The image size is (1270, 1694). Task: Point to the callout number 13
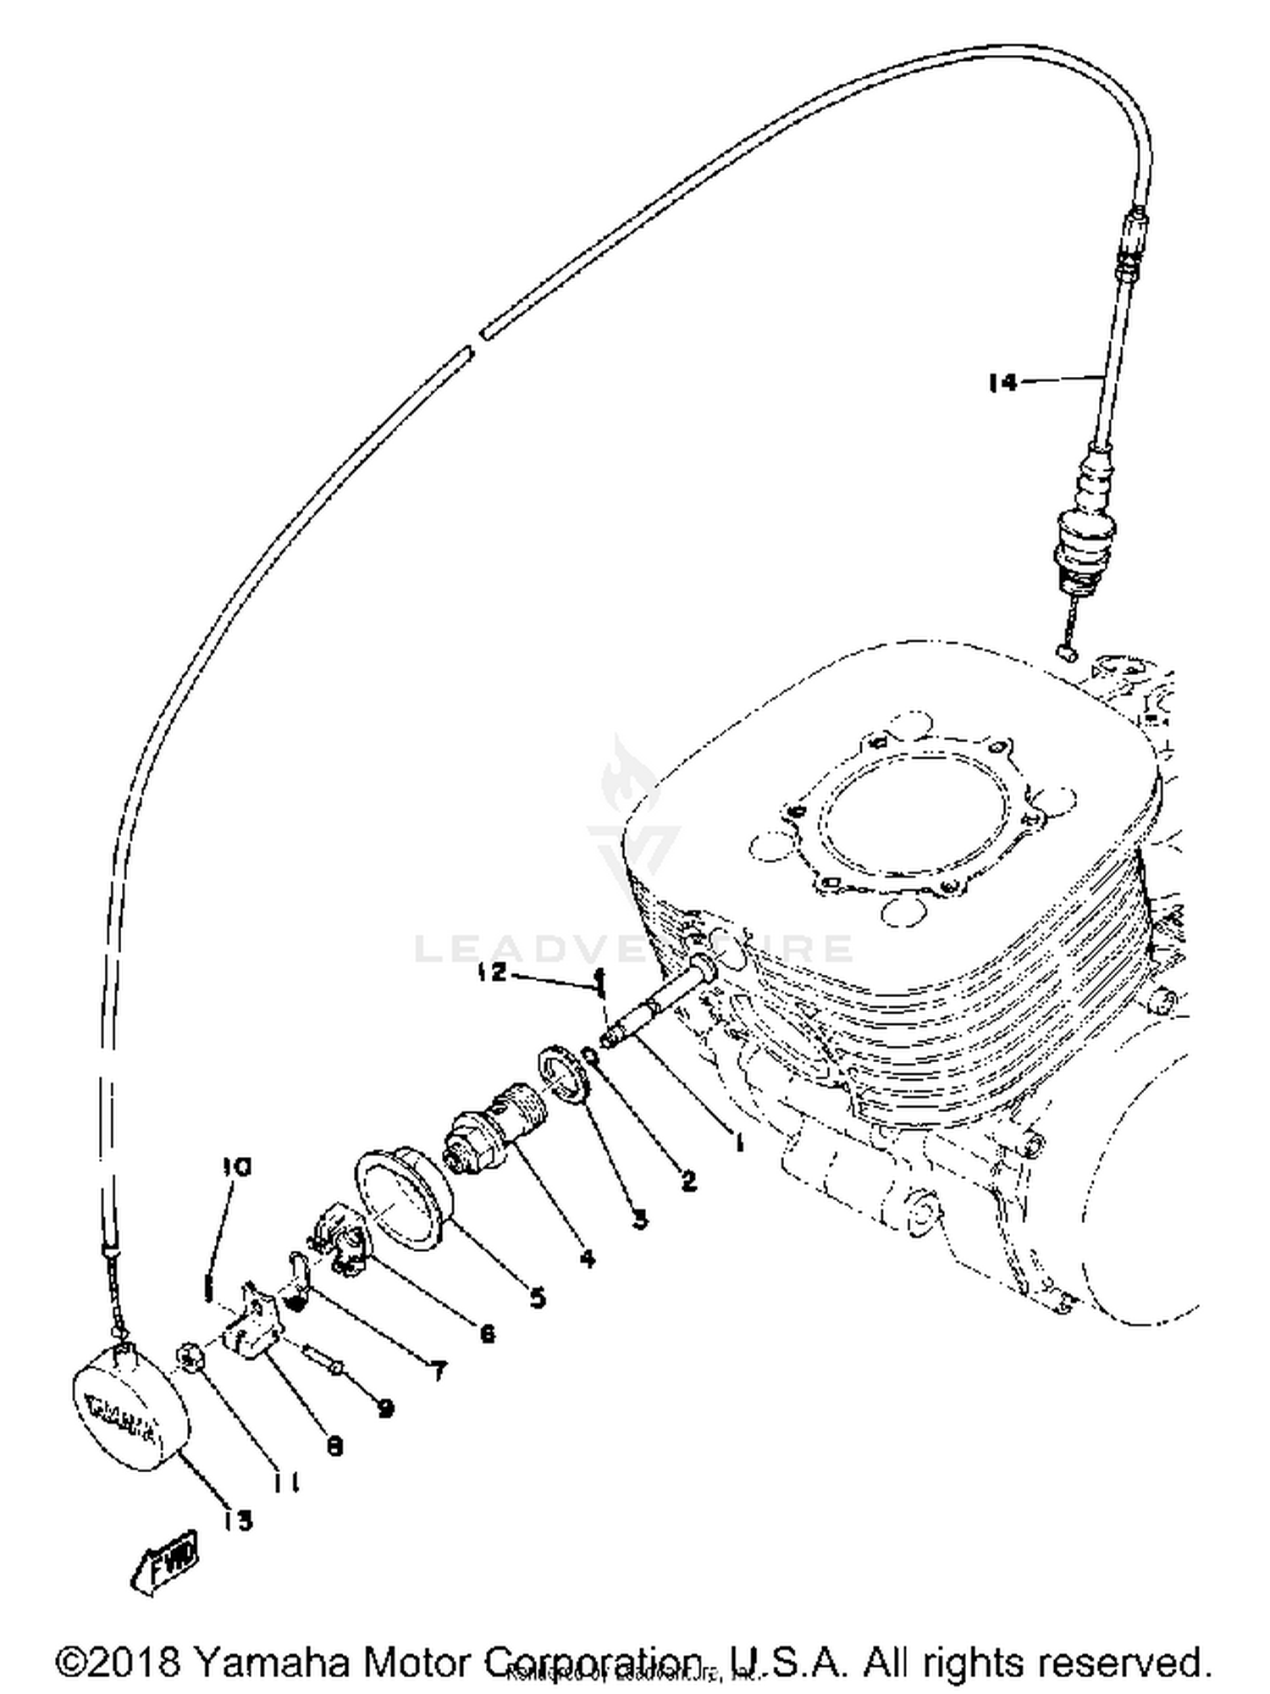pyautogui.click(x=239, y=1520)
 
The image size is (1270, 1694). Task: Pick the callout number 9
pyautogui.click(x=385, y=1408)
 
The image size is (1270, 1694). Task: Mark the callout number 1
pyautogui.click(x=739, y=1143)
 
